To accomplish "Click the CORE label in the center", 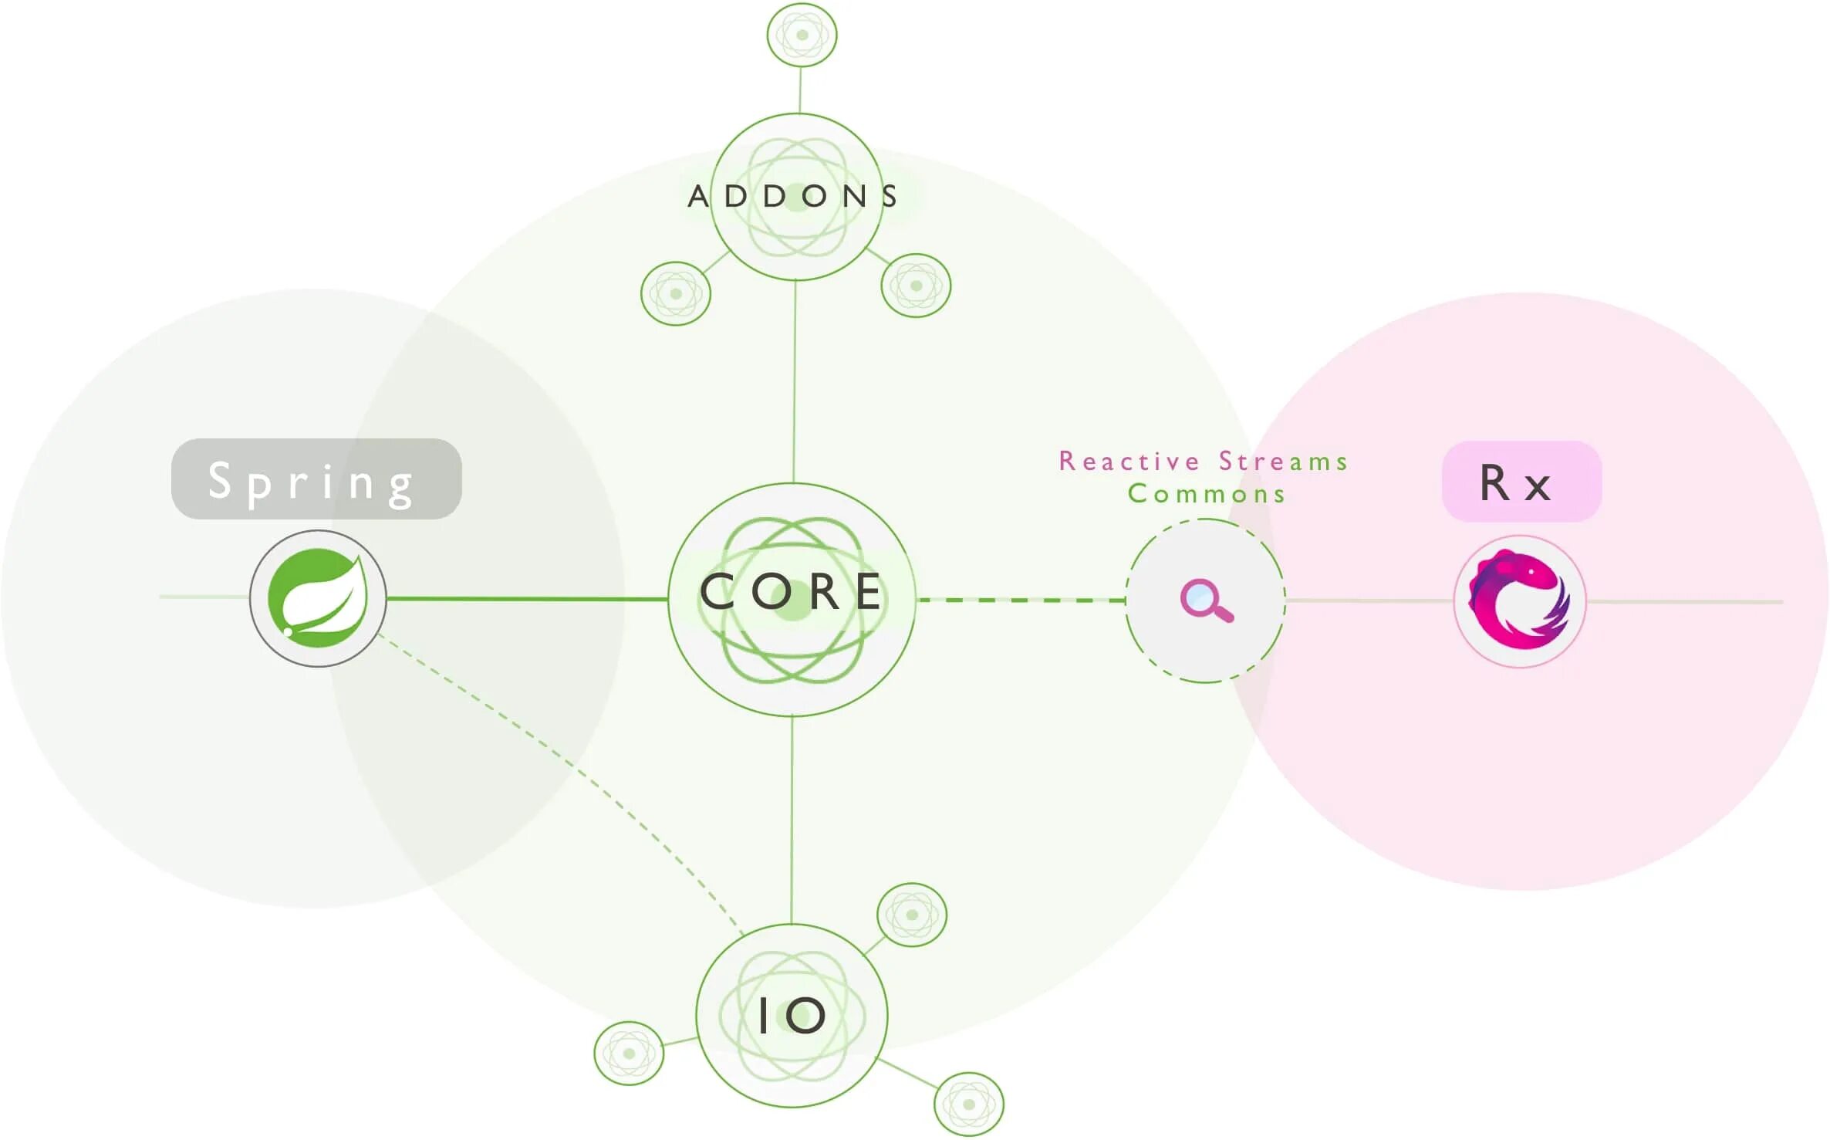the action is pos(792,593).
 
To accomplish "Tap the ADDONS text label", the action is pos(793,196).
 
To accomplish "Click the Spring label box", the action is pos(316,479).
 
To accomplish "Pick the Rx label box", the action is pos(1521,482).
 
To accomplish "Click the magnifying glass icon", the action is pos(1206,600).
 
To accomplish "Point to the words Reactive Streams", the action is pos(1203,462).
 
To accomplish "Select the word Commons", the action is pos(1207,494).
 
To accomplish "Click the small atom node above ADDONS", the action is pos(802,35).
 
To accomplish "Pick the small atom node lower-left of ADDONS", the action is pos(676,293).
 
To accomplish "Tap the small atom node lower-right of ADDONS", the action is pos(916,286).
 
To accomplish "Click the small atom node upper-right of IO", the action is pos(912,915).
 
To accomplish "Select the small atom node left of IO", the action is pos(629,1053).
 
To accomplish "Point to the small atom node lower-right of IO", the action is pos(969,1104).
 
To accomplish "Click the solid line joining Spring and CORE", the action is pos(525,598).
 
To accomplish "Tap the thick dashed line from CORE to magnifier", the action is pos(1022,600).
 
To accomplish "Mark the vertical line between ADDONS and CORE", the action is pos(795,382).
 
